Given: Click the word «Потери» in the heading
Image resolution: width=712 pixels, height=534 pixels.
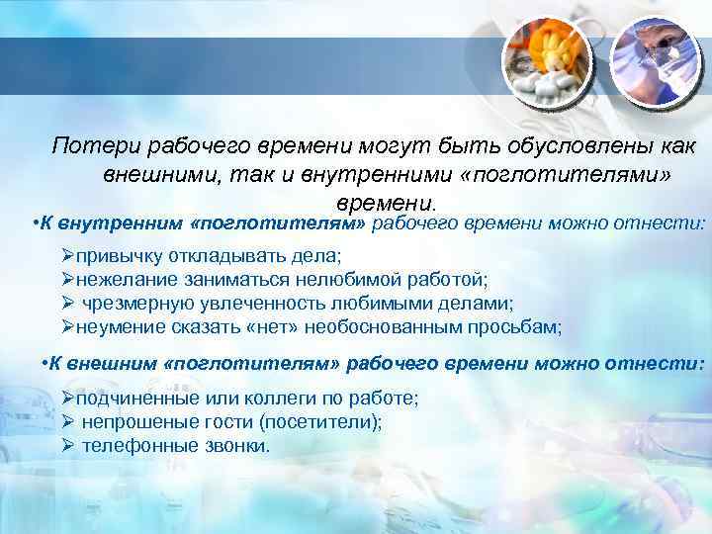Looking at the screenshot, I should pyautogui.click(x=96, y=146).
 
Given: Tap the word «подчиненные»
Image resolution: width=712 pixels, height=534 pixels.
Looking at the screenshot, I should pyautogui.click(x=133, y=399).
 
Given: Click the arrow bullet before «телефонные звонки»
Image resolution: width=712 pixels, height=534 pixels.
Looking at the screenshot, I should pyautogui.click(x=68, y=446).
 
